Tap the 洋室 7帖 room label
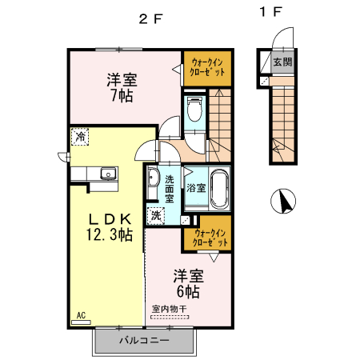[122, 87]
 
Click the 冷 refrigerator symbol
[80, 137]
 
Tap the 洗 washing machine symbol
[156, 214]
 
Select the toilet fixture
[193, 110]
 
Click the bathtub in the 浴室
[220, 190]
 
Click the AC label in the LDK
[81, 315]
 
